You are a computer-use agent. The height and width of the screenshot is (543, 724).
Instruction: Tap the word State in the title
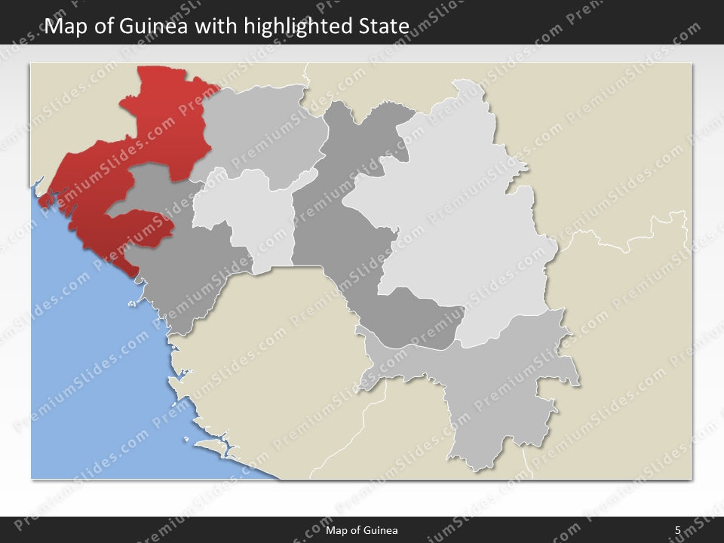pyautogui.click(x=384, y=27)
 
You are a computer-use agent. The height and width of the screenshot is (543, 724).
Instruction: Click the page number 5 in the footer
pyautogui.click(x=678, y=530)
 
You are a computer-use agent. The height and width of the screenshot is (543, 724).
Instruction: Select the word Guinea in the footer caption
pyautogui.click(x=382, y=530)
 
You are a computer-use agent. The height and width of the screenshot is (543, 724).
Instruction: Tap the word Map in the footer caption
pyautogui.click(x=336, y=530)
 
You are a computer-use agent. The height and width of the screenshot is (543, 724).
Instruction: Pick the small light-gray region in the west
pyautogui.click(x=241, y=219)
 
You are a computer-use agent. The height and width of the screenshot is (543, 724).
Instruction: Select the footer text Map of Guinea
pyautogui.click(x=362, y=530)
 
